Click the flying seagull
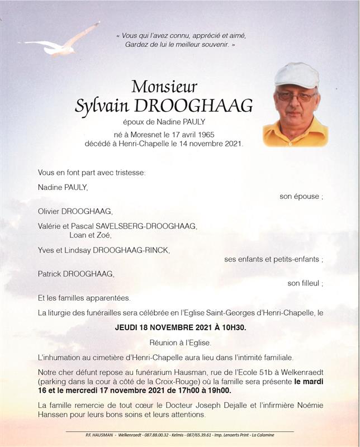[61, 44]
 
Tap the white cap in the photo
[296, 74]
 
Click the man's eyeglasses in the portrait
[296, 96]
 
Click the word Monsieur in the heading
[164, 87]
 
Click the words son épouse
[300, 197]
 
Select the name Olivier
[50, 212]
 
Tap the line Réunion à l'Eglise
[179, 342]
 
